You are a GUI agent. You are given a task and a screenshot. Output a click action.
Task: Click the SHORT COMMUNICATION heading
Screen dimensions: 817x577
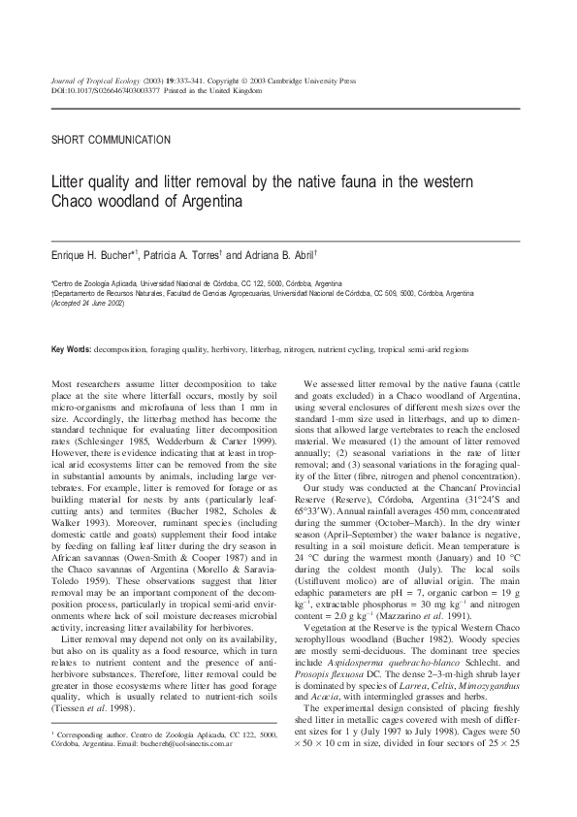click(111, 140)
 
